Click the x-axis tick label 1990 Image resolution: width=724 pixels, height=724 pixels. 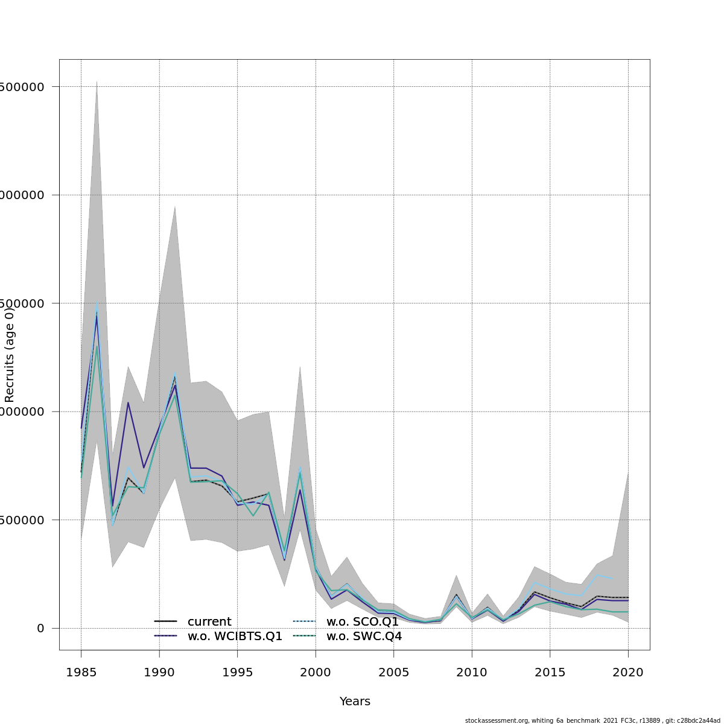tap(159, 672)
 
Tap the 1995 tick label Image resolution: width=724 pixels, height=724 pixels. tap(237, 672)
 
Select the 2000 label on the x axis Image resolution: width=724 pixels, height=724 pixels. tap(316, 672)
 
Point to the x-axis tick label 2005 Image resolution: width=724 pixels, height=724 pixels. tap(393, 672)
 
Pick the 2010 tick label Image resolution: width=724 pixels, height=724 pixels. tap(472, 672)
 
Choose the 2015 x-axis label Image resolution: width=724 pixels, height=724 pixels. tap(550, 672)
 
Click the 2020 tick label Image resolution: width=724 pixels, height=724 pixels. tap(628, 672)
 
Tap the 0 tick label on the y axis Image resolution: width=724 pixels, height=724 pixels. tap(40, 628)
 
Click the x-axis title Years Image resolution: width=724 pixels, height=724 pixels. tap(355, 702)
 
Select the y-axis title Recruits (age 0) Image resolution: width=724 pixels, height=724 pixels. tap(10, 355)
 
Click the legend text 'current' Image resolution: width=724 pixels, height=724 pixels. tap(209, 622)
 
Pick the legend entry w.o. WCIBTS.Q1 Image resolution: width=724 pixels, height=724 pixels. tap(235, 637)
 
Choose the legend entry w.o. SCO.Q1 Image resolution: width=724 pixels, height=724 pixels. tap(362, 622)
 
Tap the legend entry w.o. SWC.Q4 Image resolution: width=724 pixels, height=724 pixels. tap(364, 637)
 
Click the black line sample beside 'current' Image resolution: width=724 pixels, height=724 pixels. tap(165, 621)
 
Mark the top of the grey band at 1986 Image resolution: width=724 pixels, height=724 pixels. tap(97, 81)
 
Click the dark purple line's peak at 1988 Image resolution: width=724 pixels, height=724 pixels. tap(128, 402)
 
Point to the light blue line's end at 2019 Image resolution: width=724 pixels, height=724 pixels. tap(612, 578)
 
